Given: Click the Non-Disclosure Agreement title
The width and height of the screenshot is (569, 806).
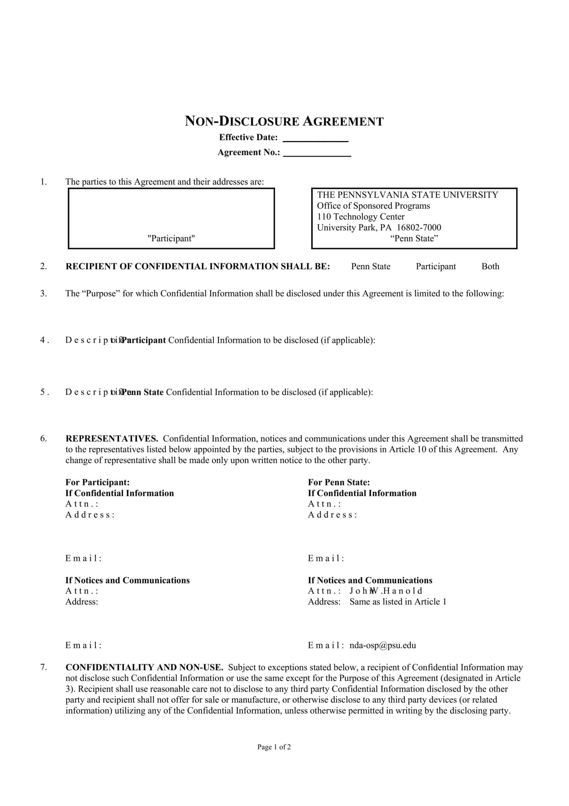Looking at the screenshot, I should [x=284, y=122].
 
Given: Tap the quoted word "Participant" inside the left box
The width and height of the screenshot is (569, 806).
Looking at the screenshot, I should [x=171, y=238].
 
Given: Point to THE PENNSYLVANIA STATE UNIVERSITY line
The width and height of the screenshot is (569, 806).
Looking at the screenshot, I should [x=407, y=195].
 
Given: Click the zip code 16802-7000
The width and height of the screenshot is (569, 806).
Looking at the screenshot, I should [x=419, y=228].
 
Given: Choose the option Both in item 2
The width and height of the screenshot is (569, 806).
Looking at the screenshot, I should [x=490, y=266].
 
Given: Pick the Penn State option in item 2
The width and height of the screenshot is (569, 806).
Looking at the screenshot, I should [x=371, y=266].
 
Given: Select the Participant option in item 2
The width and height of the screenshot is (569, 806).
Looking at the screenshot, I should [x=435, y=266].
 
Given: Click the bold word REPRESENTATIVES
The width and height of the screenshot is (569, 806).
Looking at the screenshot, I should [x=111, y=439].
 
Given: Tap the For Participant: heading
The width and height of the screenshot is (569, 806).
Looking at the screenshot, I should [x=98, y=482].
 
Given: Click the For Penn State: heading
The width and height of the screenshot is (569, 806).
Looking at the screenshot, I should [x=339, y=482].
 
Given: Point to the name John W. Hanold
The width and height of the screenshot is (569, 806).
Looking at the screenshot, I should [x=386, y=591].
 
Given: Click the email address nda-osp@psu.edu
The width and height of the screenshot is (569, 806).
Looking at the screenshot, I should [x=383, y=645].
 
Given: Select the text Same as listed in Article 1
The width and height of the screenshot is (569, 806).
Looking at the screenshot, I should [x=398, y=602].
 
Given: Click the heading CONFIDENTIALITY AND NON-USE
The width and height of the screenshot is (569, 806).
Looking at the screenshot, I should [x=144, y=667].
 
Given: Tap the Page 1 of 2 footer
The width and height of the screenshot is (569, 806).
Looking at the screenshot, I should [x=274, y=747].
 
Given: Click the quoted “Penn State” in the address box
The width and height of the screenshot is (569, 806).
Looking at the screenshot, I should [x=414, y=238].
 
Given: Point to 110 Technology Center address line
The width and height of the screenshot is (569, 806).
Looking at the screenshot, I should [x=361, y=217].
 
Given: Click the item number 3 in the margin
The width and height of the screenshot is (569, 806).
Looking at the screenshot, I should [x=43, y=293].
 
